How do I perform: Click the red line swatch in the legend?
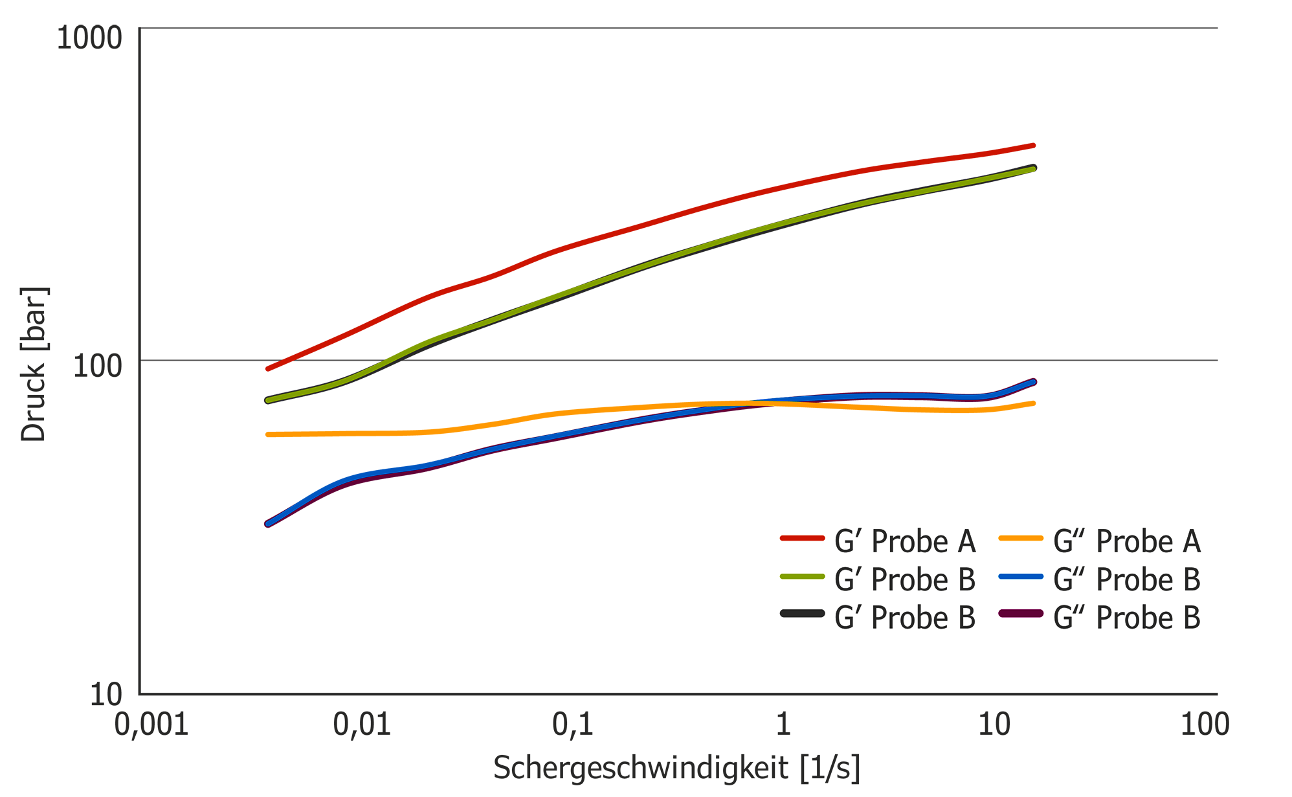[x=802, y=538]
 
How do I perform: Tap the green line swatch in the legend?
[x=802, y=576]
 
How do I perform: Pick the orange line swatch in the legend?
[x=1021, y=538]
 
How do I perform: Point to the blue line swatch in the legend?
[x=1021, y=576]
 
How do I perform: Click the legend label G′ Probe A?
[x=905, y=541]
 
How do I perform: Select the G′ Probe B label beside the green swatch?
[x=905, y=579]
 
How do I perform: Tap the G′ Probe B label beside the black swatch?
[x=905, y=618]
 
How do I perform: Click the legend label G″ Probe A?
[x=1127, y=541]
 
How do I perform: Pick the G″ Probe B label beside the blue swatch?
[x=1127, y=579]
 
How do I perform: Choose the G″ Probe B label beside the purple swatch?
[x=1127, y=618]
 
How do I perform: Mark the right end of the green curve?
[x=1033, y=169]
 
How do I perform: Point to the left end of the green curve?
[x=268, y=400]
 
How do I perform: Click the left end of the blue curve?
[x=268, y=524]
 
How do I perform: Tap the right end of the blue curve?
[x=1033, y=382]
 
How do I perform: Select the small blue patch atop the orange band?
[x=767, y=390]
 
